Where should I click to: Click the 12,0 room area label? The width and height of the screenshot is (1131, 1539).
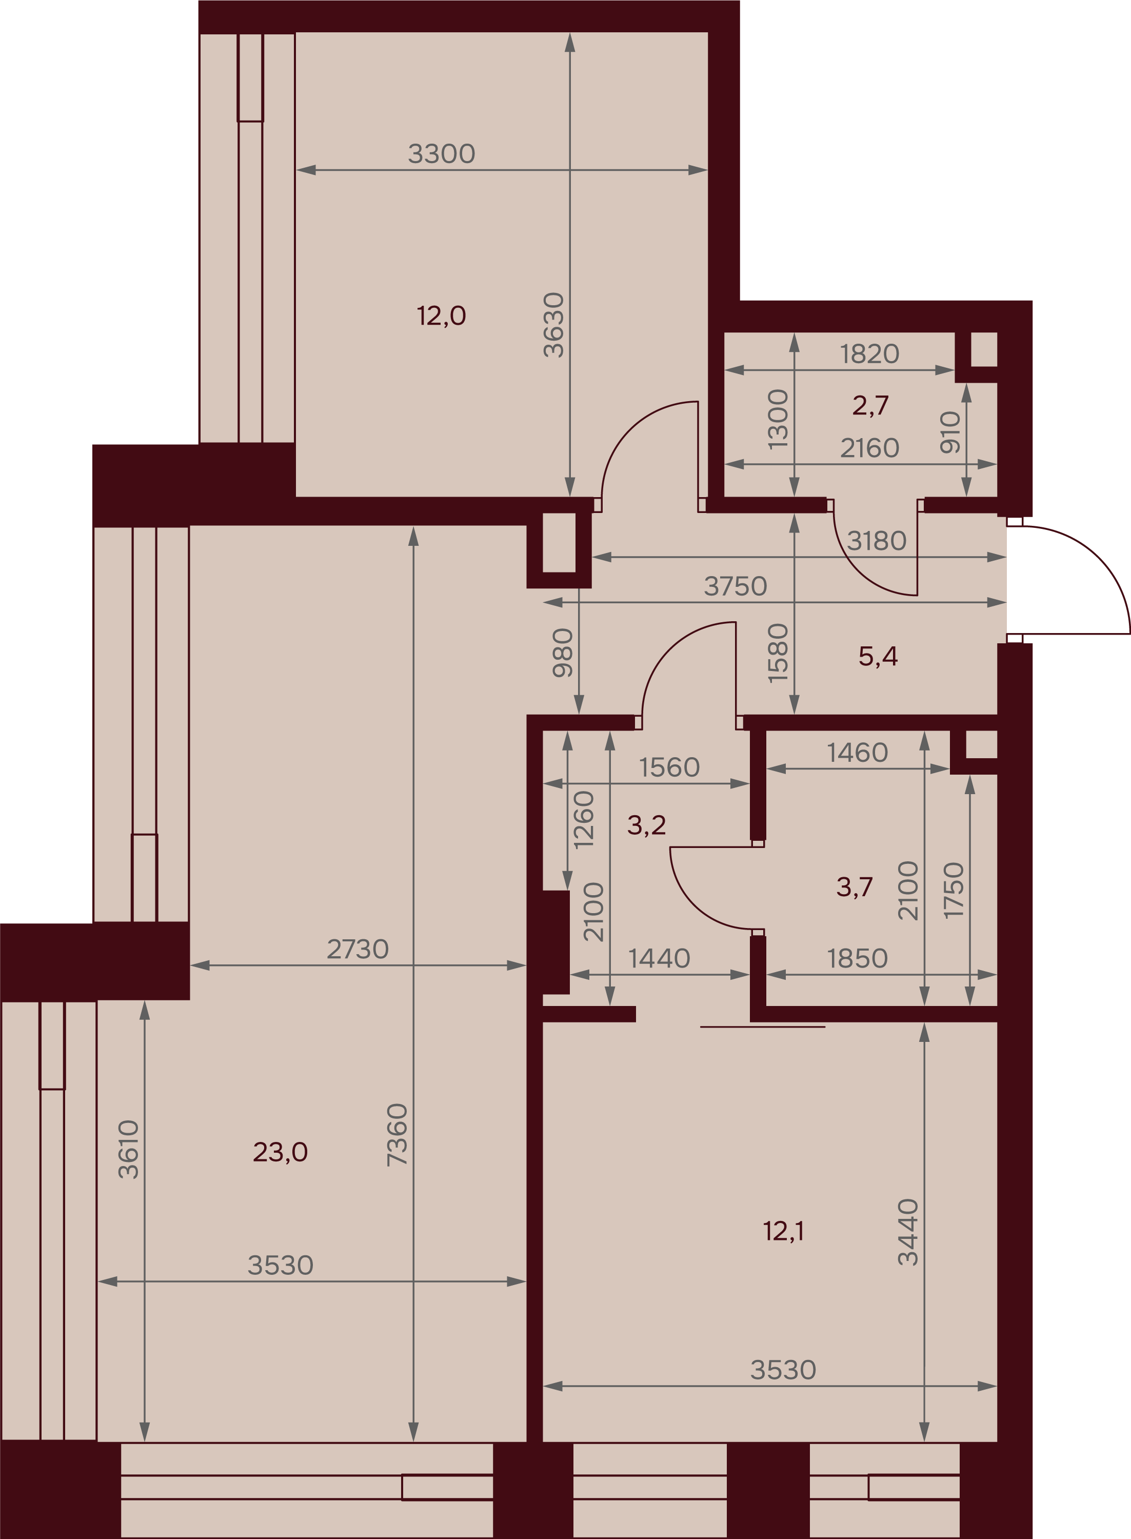tap(442, 315)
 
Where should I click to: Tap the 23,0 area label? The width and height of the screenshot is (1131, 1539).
tap(280, 1152)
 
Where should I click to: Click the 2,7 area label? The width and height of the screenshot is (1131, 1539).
tap(870, 405)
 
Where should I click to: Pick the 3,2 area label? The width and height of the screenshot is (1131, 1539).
tap(646, 825)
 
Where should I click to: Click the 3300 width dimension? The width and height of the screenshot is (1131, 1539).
tap(442, 153)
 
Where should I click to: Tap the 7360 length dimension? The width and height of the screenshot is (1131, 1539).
tap(397, 1134)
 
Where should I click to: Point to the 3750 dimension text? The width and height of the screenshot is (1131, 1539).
tap(736, 586)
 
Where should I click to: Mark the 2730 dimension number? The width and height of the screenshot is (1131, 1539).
tap(358, 949)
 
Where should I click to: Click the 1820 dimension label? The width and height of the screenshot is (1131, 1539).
tap(869, 354)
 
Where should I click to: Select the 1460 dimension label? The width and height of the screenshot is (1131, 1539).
tap(857, 753)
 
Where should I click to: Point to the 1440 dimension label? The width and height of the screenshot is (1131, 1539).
tap(659, 958)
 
